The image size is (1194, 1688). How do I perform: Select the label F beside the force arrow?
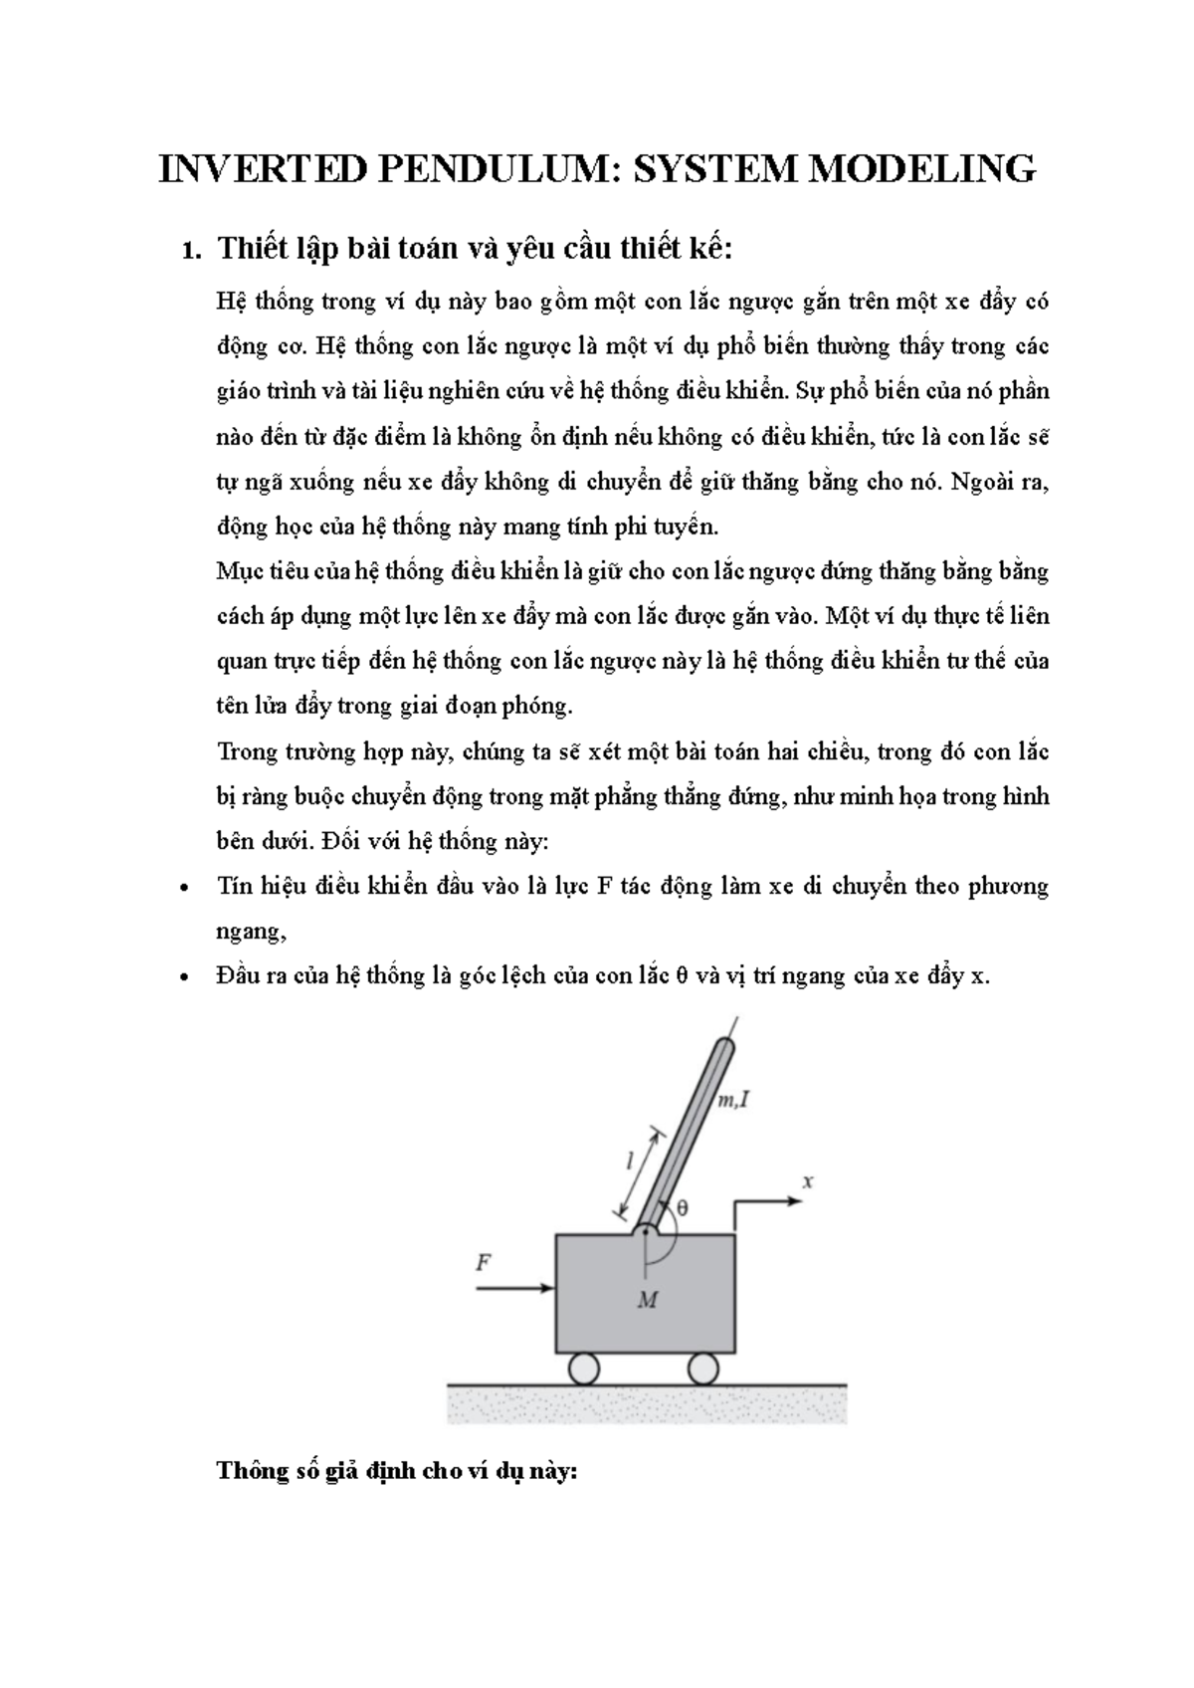click(484, 1262)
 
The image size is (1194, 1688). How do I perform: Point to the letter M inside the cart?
click(647, 1300)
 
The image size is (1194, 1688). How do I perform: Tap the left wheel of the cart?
click(582, 1369)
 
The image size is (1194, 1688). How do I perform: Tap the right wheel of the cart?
click(703, 1369)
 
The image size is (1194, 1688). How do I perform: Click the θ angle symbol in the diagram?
click(683, 1207)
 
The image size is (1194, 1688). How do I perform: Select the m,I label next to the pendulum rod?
click(733, 1100)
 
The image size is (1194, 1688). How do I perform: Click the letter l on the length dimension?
click(629, 1160)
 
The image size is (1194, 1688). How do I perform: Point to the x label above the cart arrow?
click(808, 1181)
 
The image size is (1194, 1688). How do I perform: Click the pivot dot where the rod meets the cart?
click(647, 1232)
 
